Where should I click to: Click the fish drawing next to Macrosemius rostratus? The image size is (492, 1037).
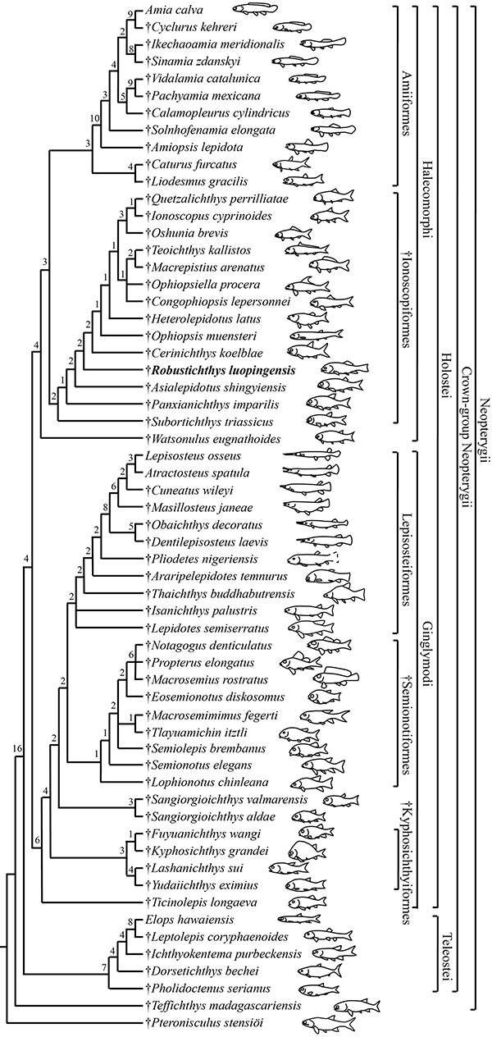click(x=338, y=678)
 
